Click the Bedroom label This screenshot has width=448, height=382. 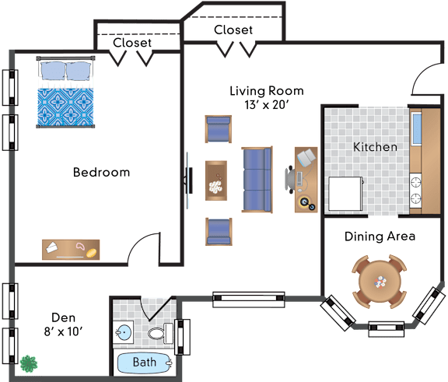click(101, 172)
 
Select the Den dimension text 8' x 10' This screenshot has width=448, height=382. click(63, 331)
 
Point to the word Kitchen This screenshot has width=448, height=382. click(375, 147)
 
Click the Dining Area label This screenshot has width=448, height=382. click(380, 237)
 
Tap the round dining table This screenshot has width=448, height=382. click(380, 282)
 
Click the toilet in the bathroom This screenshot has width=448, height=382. click(160, 333)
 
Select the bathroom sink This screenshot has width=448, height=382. click(124, 332)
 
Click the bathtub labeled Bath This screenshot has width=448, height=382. click(145, 363)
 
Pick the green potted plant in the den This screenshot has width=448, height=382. click(29, 363)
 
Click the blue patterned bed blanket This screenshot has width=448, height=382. click(65, 107)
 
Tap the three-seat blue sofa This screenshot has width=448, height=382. click(257, 180)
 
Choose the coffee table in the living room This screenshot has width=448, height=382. click(216, 180)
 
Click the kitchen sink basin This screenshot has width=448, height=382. click(416, 128)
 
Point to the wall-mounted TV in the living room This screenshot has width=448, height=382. click(188, 180)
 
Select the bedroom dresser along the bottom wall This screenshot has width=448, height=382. click(71, 250)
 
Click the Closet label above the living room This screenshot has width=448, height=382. click(233, 30)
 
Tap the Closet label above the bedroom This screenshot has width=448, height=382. click(132, 43)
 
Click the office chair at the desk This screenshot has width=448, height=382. click(290, 180)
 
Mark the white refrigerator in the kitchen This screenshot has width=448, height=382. click(345, 194)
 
